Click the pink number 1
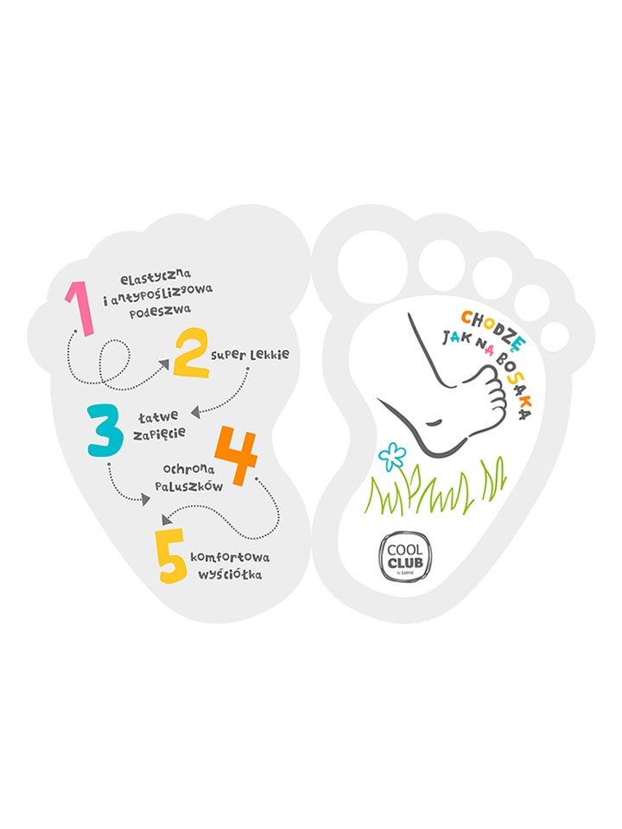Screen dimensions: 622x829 (x=81, y=309)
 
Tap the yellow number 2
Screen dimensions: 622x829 (x=191, y=352)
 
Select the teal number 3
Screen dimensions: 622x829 (x=105, y=430)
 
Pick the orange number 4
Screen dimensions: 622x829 (x=237, y=455)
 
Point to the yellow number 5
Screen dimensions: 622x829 (x=171, y=555)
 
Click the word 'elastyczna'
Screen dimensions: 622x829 (x=156, y=276)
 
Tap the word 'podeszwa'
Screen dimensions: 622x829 (x=161, y=310)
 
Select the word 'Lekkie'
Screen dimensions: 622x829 (x=270, y=354)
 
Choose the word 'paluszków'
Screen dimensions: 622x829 (x=189, y=486)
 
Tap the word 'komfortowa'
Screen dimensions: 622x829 (x=230, y=557)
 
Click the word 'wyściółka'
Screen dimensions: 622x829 (x=230, y=574)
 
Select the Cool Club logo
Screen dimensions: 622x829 (x=404, y=557)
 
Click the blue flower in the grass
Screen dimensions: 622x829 (x=392, y=456)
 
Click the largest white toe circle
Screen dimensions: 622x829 (x=373, y=266)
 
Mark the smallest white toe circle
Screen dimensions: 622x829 (x=555, y=336)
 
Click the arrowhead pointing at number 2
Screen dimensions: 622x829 (x=164, y=364)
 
